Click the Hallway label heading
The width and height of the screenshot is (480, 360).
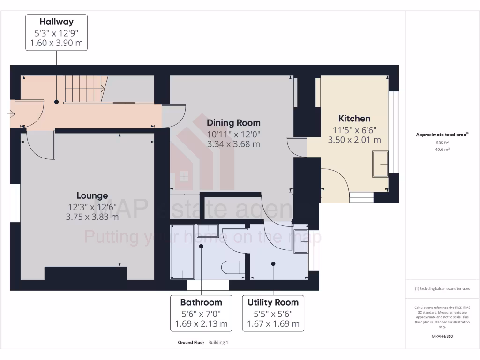coord(56,22)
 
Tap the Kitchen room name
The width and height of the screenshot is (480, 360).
coord(354,119)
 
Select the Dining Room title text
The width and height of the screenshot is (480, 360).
coord(233,123)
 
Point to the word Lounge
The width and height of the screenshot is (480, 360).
coord(92,196)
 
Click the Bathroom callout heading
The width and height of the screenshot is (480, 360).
coord(201,302)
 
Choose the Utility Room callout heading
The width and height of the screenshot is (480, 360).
coord(273,302)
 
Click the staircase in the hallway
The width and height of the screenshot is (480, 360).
coord(85,89)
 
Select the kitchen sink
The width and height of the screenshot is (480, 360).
coord(380,164)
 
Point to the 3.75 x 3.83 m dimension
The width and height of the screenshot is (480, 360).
coord(92,217)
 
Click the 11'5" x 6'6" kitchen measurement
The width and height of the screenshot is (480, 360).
coord(354,130)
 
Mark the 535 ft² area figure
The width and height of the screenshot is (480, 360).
coord(442,142)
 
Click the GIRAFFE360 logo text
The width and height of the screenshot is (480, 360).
coord(442,336)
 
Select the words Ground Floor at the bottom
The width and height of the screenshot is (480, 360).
coord(191,343)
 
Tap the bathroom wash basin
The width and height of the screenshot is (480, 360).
coord(205,231)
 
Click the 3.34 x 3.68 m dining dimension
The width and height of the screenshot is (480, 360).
coord(233,144)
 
